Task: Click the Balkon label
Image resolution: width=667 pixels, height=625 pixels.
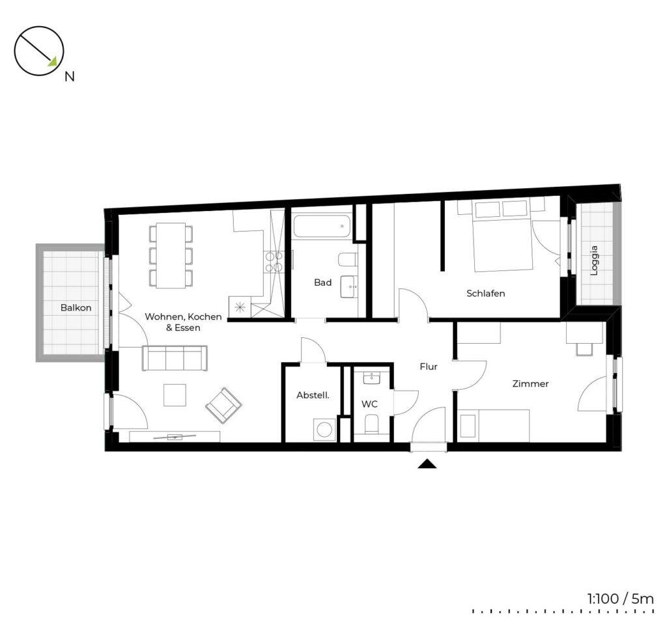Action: (76, 307)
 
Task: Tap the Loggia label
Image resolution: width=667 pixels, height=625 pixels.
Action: (594, 260)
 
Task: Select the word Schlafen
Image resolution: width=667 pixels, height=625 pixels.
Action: (485, 294)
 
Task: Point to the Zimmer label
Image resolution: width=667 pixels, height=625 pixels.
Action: (530, 383)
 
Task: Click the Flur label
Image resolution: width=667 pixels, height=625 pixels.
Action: (429, 367)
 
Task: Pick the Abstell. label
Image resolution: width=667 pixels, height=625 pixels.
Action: (313, 395)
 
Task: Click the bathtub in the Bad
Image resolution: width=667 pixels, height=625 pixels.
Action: (322, 227)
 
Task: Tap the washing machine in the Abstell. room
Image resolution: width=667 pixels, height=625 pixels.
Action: (324, 430)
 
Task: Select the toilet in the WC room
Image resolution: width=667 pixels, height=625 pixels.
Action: (371, 424)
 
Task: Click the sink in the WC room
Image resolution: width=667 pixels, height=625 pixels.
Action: (372, 377)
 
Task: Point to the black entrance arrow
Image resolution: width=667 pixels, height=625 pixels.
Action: (427, 464)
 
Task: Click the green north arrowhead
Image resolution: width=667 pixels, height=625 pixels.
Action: (52, 62)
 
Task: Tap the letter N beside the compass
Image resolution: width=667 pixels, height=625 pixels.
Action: (69, 77)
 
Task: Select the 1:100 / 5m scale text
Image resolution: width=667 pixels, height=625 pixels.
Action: (620, 599)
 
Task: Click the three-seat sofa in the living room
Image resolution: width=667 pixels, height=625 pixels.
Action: (175, 358)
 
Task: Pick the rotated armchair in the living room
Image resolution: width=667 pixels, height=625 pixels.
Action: (224, 405)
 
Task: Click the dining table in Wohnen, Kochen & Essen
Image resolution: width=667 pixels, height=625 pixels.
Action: (171, 255)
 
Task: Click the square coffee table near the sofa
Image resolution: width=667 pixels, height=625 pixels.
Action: (175, 395)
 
